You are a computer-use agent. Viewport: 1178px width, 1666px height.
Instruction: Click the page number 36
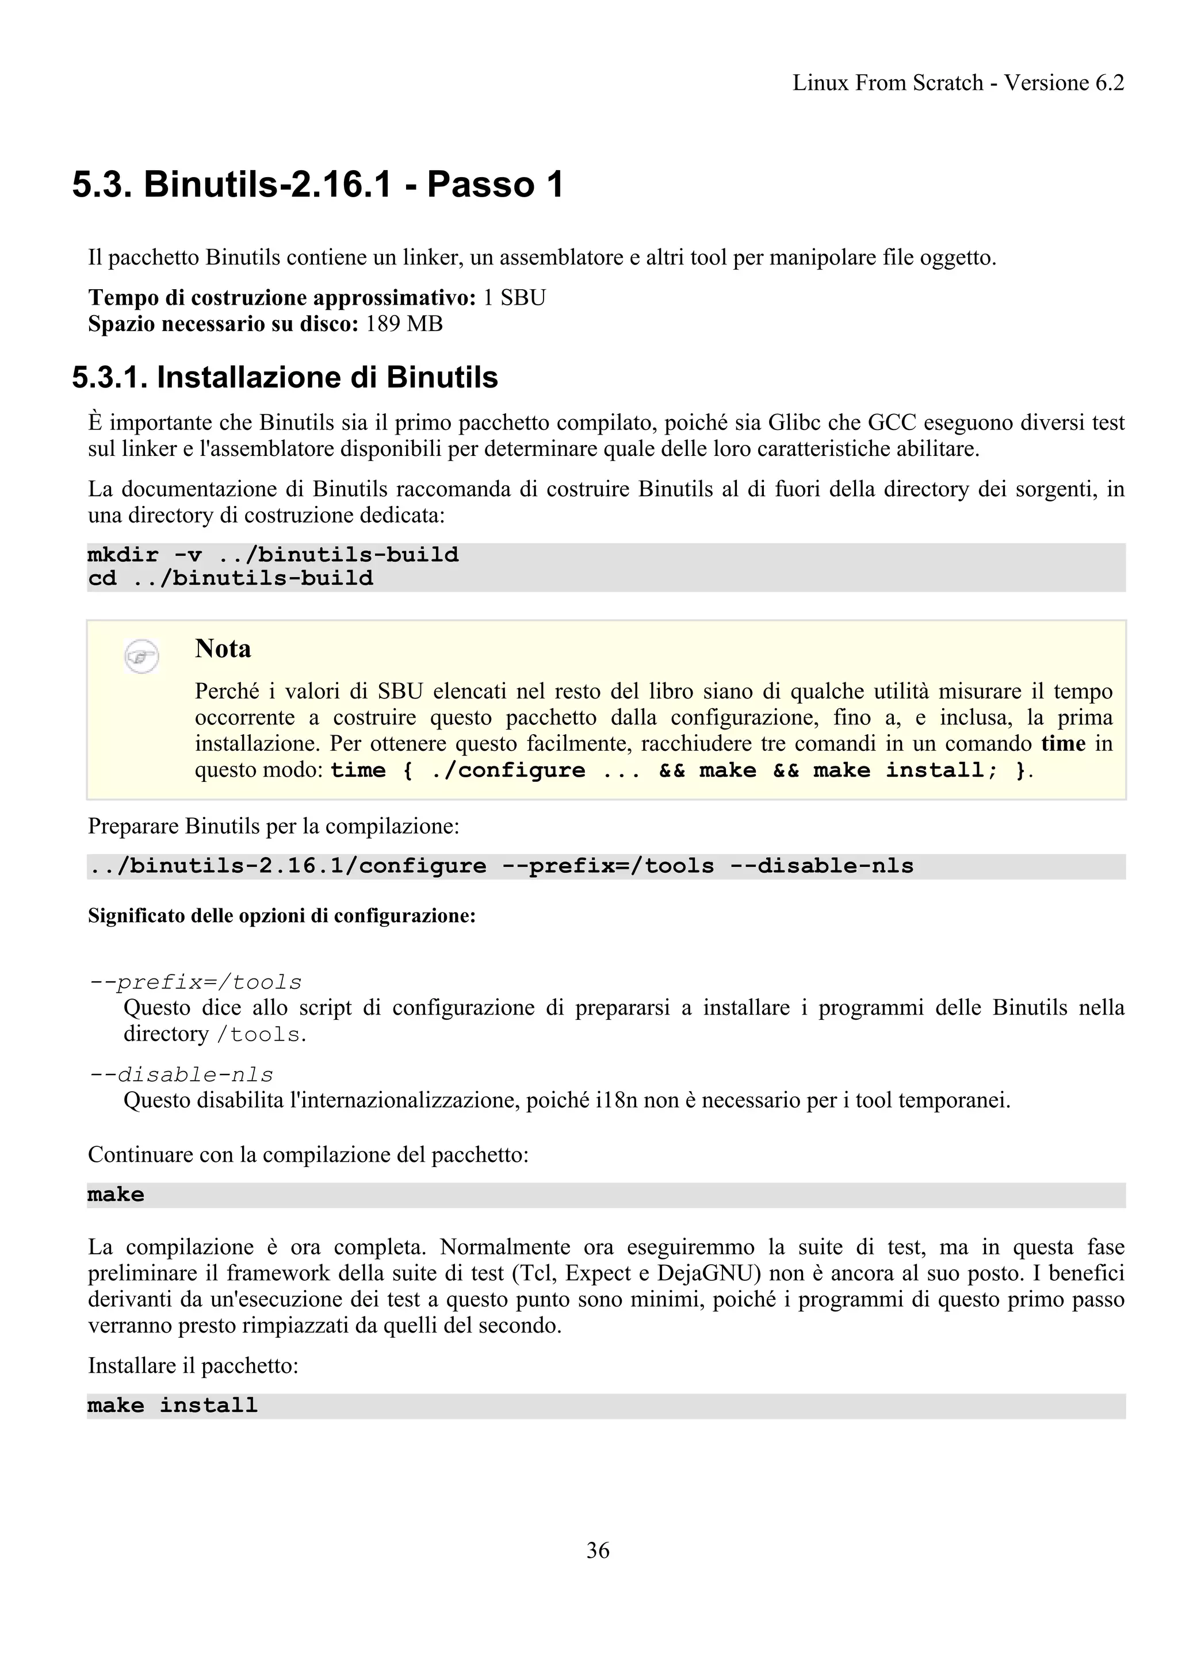pos(598,1550)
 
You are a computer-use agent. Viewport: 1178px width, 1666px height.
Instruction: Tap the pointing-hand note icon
pos(141,657)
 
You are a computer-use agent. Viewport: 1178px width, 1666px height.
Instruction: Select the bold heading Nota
pos(223,648)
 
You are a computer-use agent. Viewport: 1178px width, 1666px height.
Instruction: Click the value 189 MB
pos(404,324)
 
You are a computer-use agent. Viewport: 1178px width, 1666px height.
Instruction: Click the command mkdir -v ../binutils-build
pos(273,555)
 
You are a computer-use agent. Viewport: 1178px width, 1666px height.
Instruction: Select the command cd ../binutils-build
pos(230,578)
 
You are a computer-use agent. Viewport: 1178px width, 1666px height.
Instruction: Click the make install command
pos(173,1406)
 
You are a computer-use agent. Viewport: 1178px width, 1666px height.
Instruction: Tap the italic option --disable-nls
pos(181,1074)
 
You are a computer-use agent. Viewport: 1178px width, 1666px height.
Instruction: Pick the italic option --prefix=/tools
pos(194,982)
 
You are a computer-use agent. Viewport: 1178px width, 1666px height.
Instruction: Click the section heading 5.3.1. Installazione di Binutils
pos(285,377)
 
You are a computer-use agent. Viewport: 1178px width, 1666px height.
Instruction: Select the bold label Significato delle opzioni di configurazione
pos(282,916)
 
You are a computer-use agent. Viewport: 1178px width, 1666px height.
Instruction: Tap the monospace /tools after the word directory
pos(258,1035)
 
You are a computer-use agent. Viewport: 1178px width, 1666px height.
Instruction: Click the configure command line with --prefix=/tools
pos(501,866)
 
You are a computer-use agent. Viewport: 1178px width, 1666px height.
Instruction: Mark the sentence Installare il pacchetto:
pos(193,1366)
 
